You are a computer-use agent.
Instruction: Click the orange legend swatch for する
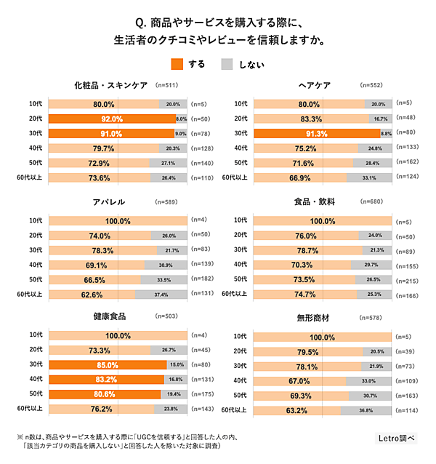click(x=179, y=64)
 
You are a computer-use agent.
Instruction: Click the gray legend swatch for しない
click(x=228, y=64)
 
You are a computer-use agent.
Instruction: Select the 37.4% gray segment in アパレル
click(x=161, y=295)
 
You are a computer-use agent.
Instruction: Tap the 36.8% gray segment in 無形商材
click(x=366, y=411)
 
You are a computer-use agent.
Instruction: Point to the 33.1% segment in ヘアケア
click(x=369, y=177)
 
